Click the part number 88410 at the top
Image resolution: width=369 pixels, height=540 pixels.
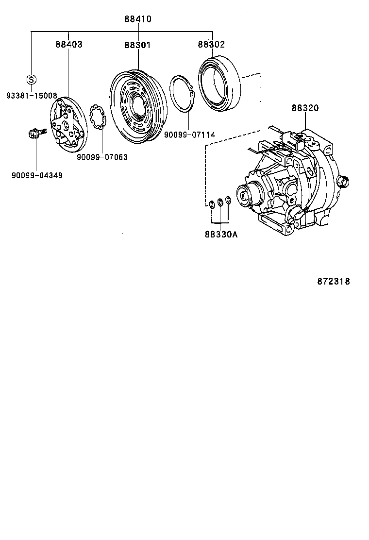(x=138, y=19)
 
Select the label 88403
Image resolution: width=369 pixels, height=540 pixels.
(x=68, y=44)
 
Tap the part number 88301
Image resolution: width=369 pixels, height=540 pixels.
(x=137, y=45)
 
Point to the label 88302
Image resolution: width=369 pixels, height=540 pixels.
(x=211, y=44)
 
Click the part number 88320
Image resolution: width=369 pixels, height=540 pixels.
(x=305, y=108)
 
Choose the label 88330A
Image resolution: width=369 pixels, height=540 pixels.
(x=221, y=234)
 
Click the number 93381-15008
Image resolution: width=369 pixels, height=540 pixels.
(x=32, y=96)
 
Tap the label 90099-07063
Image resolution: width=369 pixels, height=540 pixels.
(x=102, y=157)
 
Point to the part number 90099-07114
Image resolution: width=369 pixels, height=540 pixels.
(x=189, y=134)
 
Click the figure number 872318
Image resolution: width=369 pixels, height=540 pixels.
(x=334, y=281)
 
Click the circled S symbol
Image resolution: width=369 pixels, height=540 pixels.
(x=31, y=79)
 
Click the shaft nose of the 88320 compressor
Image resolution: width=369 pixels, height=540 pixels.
(x=243, y=196)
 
